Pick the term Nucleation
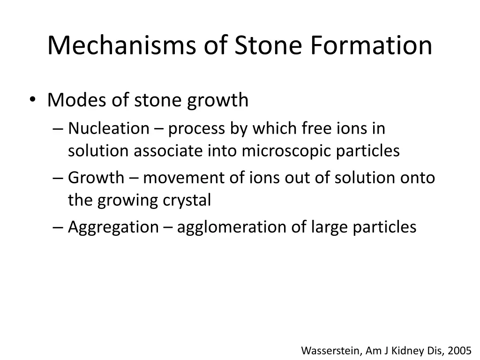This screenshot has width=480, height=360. (x=108, y=128)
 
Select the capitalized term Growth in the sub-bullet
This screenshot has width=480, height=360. (x=96, y=178)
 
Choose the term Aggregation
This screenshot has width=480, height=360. (x=113, y=227)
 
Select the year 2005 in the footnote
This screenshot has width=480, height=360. (x=459, y=350)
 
